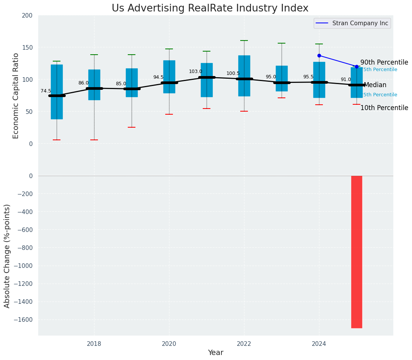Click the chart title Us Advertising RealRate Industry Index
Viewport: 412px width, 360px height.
(x=210, y=8)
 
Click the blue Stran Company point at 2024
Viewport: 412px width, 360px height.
(x=319, y=55)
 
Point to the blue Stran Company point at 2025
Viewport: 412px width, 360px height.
(x=357, y=66)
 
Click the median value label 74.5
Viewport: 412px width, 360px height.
(x=46, y=91)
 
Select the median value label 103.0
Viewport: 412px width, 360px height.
(x=195, y=71)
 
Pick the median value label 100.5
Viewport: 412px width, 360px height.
(x=233, y=73)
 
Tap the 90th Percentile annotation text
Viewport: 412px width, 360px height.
(x=384, y=62)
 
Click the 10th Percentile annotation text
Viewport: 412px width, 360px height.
(x=384, y=108)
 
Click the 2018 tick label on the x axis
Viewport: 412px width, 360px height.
(x=94, y=344)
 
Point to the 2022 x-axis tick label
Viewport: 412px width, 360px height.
(x=244, y=344)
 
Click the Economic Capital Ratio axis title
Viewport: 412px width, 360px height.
(x=16, y=96)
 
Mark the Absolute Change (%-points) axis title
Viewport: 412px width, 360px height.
(x=7, y=256)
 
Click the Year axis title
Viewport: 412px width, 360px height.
(x=215, y=353)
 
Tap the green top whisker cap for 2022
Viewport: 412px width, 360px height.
(x=244, y=41)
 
